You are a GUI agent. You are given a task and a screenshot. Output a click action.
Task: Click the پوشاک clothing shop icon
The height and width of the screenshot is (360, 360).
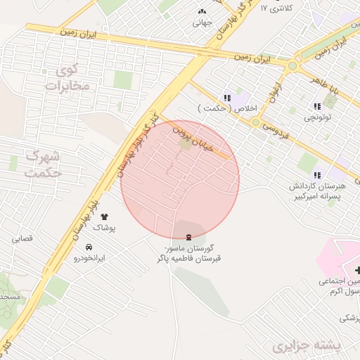pyautogui.click(x=105, y=217)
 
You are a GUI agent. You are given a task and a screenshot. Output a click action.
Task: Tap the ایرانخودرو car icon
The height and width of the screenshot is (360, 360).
pyautogui.click(x=89, y=247)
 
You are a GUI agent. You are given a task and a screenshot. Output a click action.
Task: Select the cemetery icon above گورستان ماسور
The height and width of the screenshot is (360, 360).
pyautogui.click(x=188, y=238)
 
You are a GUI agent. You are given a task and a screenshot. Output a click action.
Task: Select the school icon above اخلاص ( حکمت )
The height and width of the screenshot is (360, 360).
pyautogui.click(x=226, y=98)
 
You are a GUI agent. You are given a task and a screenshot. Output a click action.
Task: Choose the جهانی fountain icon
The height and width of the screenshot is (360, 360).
pyautogui.click(x=202, y=12)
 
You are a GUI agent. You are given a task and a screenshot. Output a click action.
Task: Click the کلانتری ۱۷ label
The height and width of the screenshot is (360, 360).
pyautogui.click(x=276, y=8)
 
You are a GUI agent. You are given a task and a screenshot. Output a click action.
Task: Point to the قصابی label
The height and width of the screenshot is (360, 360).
pyautogui.click(x=22, y=239)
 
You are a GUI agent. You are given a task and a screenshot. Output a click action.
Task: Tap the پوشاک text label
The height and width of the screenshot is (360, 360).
pyautogui.click(x=104, y=229)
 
